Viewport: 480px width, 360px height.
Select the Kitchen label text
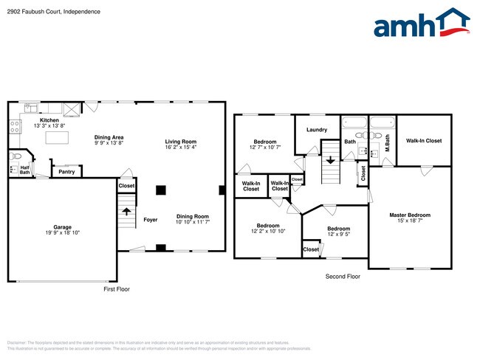[49, 120]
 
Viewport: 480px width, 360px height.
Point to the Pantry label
[66, 172]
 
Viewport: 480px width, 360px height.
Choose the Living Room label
[180, 142]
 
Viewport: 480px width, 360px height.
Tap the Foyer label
[150, 220]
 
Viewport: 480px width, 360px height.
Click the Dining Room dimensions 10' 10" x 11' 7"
[192, 222]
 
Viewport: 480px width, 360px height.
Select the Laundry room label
[316, 130]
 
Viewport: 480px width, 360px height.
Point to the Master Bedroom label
[409, 215]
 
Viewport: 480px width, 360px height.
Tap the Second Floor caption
[343, 277]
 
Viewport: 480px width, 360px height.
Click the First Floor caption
[116, 289]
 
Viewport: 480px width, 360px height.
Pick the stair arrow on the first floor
[126, 211]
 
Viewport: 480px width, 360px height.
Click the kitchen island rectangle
[56, 138]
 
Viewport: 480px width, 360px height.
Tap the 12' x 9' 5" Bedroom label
[338, 229]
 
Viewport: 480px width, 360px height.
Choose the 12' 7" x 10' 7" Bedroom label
[265, 142]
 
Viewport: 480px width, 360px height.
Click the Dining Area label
[109, 137]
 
